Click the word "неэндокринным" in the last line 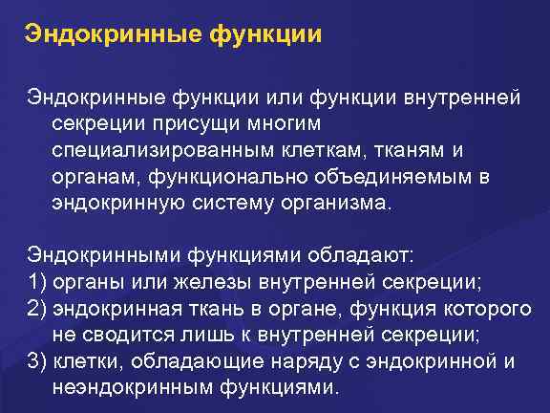click(x=122, y=387)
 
